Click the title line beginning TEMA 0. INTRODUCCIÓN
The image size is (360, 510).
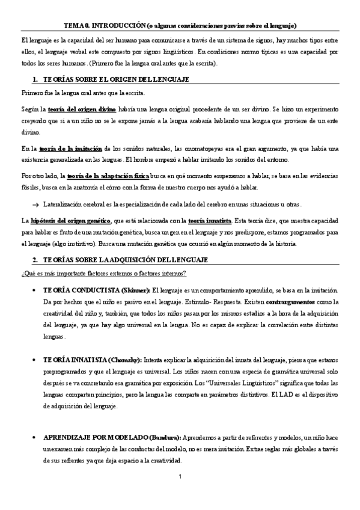[x=180, y=25]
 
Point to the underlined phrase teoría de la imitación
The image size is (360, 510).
[x=70, y=148]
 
